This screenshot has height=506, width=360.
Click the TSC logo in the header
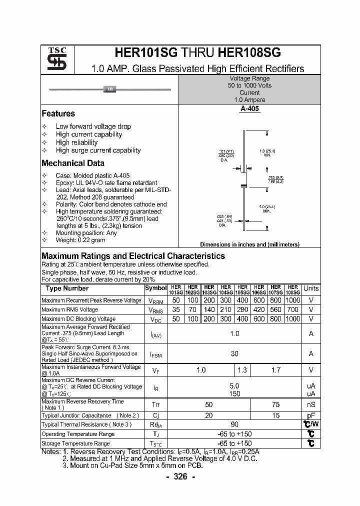tap(53, 59)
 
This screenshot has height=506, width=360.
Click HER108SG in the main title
tap(249, 53)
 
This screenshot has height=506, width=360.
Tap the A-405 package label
tap(249, 108)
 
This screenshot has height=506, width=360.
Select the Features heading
tap(58, 113)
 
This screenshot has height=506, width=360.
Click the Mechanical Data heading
tap(73, 163)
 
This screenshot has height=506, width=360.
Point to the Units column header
tap(311, 288)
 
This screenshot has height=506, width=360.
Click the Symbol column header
tap(155, 288)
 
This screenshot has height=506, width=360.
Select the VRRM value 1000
tap(293, 300)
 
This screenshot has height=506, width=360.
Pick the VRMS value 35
tap(175, 309)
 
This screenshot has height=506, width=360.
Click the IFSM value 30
tap(234, 353)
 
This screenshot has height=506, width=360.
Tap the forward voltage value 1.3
tap(242, 370)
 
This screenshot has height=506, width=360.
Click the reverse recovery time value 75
tap(276, 404)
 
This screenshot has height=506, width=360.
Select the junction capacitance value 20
tap(209, 415)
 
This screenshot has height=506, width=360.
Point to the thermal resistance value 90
tap(234, 424)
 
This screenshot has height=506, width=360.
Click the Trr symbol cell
tap(155, 404)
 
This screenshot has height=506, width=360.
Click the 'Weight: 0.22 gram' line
tap(80, 240)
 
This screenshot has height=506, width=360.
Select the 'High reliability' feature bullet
tap(76, 142)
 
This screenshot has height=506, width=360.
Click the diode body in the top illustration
tap(110, 89)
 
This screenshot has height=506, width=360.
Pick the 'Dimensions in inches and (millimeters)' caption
tap(249, 244)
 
